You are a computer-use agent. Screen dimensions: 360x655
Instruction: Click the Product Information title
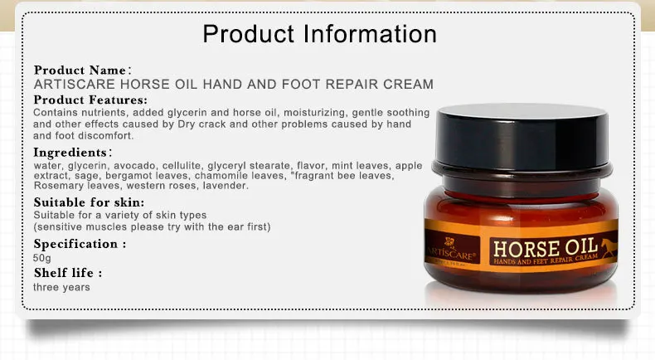pyautogui.click(x=319, y=34)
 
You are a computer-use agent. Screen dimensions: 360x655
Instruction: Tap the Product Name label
pyautogui.click(x=80, y=71)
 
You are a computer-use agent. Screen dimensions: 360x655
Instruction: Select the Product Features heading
pyautogui.click(x=90, y=100)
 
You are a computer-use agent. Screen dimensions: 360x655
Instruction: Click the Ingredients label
pyautogui.click(x=70, y=153)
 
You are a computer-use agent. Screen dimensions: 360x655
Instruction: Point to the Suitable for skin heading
pyautogui.click(x=89, y=202)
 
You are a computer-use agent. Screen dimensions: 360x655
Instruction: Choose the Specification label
pyautogui.click(x=79, y=244)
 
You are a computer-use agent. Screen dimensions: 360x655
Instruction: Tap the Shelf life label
pyautogui.click(x=67, y=273)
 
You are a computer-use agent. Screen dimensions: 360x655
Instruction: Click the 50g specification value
pyautogui.click(x=41, y=258)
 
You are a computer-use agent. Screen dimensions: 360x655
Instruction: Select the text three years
pyautogui.click(x=61, y=287)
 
